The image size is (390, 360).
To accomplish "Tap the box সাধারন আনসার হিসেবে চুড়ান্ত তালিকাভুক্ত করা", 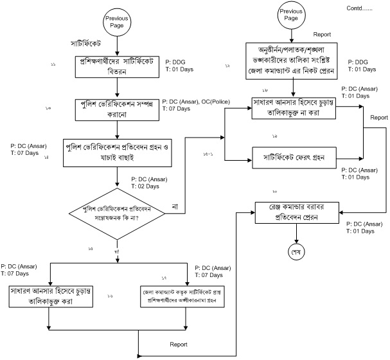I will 49,294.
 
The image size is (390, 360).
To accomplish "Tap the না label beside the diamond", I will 175,206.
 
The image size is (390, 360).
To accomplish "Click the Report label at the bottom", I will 179,345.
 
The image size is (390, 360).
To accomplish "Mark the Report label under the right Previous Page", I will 321,34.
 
